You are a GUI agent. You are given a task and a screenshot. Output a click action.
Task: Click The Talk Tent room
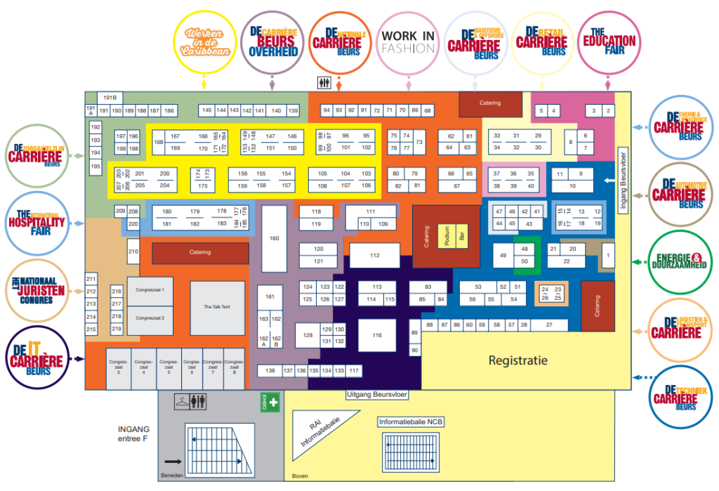pyautogui.click(x=217, y=308)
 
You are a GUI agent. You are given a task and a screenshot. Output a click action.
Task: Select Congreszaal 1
pyautogui.click(x=150, y=290)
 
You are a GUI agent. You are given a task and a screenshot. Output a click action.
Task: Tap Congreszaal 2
pyautogui.click(x=150, y=317)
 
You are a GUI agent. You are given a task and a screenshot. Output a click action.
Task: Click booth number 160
pyautogui.click(x=274, y=238)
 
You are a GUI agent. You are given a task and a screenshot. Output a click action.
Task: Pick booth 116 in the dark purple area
pyautogui.click(x=377, y=335)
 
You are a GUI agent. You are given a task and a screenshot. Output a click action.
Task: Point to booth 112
pyautogui.click(x=375, y=256)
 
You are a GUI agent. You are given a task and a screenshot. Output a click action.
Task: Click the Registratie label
pyautogui.click(x=517, y=361)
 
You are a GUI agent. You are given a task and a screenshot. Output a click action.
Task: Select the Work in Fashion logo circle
pyautogui.click(x=408, y=41)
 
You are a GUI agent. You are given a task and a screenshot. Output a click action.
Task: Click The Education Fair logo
pyautogui.click(x=609, y=41)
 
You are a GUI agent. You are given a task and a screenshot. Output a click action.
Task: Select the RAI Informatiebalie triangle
pyautogui.click(x=317, y=434)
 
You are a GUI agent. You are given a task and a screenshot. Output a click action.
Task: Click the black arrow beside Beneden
pyautogui.click(x=171, y=462)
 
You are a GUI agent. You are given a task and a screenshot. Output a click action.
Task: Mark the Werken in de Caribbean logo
pyautogui.click(x=204, y=41)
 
